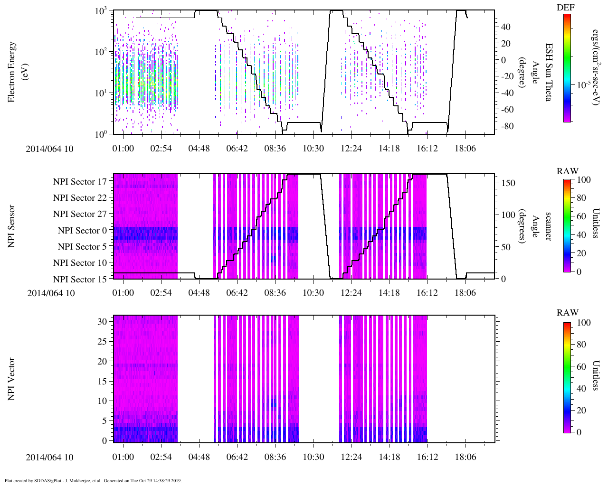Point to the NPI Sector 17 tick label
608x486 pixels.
80,182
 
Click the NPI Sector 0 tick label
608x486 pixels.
82,231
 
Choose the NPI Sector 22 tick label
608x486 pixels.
80,198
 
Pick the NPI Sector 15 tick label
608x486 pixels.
80,280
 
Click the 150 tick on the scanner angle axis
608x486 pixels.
508,183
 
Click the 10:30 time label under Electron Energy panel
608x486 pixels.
313,149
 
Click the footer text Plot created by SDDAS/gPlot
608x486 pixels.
93,480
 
